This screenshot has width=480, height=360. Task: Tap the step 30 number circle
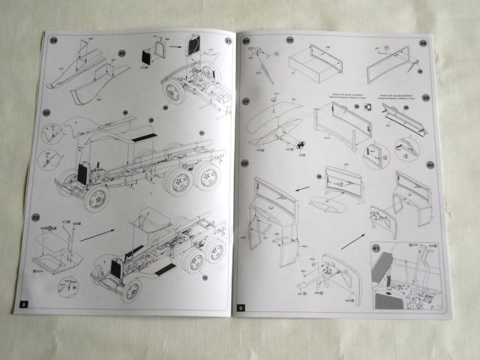click(122, 54)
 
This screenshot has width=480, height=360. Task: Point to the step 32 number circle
click(46, 112)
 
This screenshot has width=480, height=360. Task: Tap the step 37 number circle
click(246, 100)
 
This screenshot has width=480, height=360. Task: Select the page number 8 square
click(23, 304)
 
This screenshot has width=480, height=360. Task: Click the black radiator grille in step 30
click(146, 55)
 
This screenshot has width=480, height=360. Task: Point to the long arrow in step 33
click(97, 234)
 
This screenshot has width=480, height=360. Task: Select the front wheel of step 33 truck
click(132, 291)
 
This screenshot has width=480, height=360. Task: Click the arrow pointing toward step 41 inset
click(352, 240)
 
